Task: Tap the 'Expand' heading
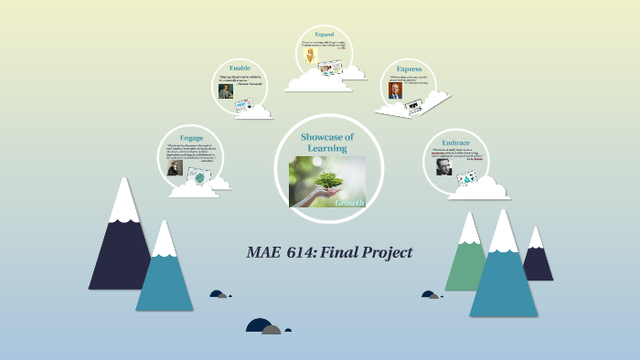coord(324,34)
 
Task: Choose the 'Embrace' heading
coord(454,143)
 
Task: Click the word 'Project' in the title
coord(386,252)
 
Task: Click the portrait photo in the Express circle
coord(394,90)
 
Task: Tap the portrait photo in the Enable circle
coord(224,90)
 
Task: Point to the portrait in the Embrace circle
coord(443,169)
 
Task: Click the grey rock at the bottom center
coord(272,329)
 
